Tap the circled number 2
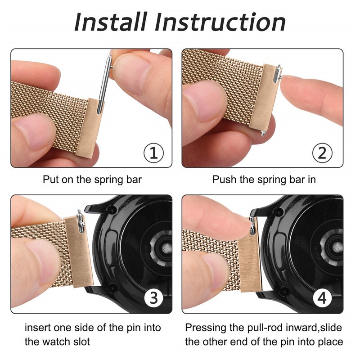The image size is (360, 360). coord(322,153)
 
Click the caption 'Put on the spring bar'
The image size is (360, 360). coord(92,180)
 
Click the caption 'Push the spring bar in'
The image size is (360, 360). coord(264,180)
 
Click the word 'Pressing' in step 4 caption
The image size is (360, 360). coord(205,328)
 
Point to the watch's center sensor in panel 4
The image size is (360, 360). coord(335,246)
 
